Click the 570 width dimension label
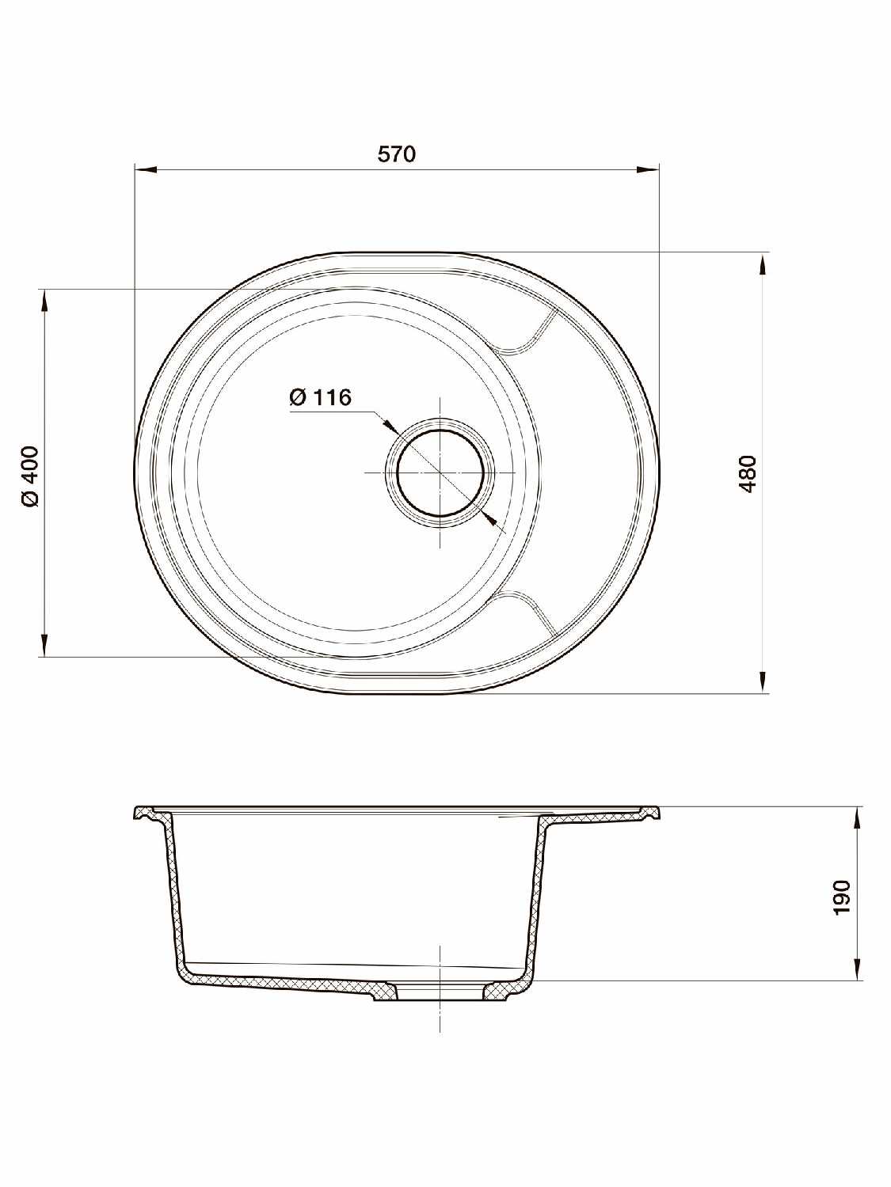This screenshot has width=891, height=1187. (397, 154)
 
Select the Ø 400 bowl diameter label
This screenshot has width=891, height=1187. (31, 476)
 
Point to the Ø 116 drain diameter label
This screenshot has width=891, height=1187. (320, 397)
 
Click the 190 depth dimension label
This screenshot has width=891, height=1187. (843, 897)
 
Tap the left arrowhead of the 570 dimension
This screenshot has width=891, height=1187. (145, 170)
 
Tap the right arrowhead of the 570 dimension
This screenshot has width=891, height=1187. (649, 170)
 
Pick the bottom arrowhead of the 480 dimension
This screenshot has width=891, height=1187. (763, 682)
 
